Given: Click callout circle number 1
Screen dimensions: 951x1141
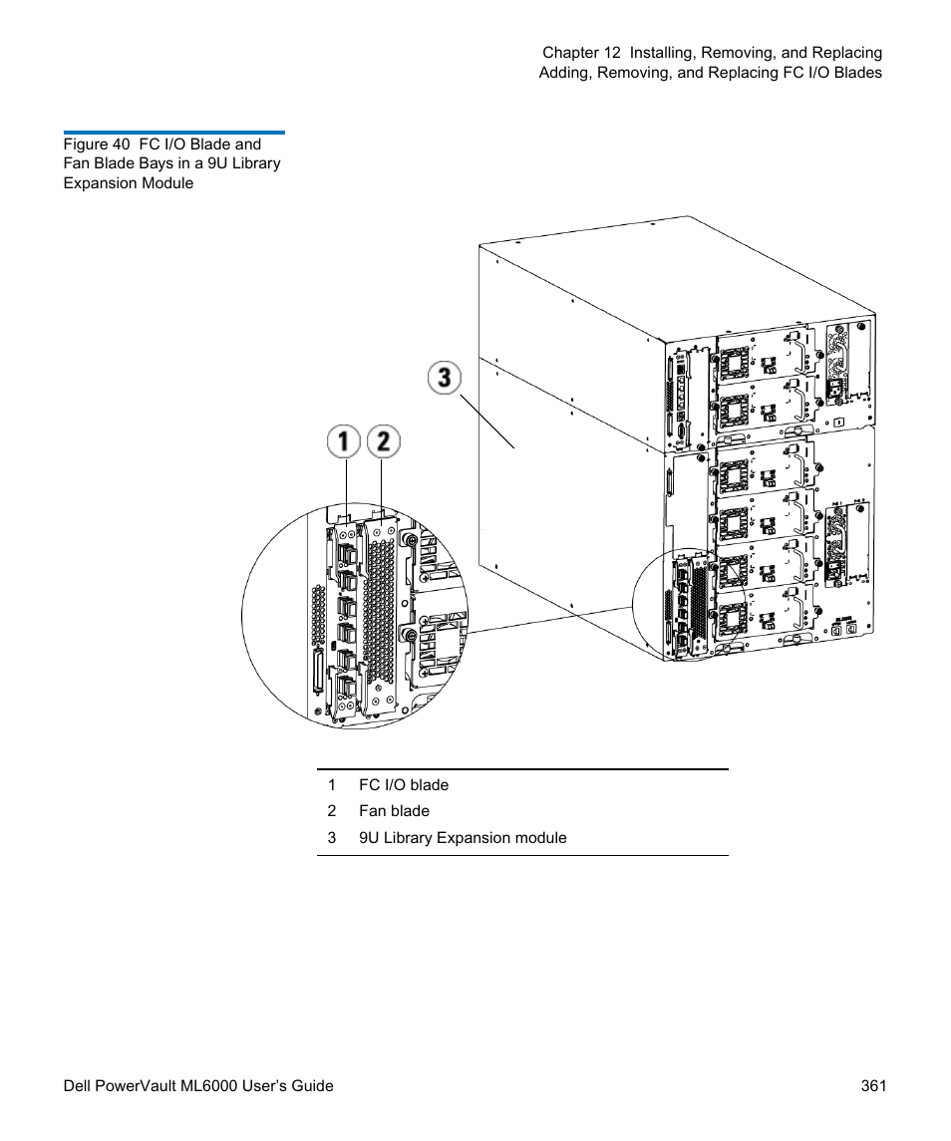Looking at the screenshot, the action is (x=344, y=441).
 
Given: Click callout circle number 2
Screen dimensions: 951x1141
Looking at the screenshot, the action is (x=384, y=441).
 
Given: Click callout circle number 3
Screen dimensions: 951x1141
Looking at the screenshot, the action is (x=445, y=378).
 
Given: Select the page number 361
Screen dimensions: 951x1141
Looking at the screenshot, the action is (x=873, y=1086).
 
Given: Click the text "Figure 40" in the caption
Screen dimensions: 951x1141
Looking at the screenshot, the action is (x=96, y=144).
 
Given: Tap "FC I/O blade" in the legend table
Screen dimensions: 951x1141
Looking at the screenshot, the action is (x=404, y=784).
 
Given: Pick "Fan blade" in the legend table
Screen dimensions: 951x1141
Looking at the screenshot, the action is (x=394, y=810).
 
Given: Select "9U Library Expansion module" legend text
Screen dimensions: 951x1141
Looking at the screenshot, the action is (x=463, y=837).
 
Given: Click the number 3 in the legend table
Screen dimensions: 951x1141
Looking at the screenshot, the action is (x=332, y=837).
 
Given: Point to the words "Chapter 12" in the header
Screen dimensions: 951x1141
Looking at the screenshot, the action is (x=581, y=53).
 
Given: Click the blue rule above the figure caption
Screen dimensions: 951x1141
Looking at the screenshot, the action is (x=174, y=133).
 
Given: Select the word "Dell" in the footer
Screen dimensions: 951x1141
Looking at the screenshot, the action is (x=77, y=1086).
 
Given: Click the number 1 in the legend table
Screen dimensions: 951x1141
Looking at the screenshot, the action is (x=332, y=784).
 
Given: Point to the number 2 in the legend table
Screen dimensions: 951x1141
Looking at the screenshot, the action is (x=332, y=810).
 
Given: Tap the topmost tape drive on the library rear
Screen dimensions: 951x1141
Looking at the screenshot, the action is (x=766, y=357).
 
